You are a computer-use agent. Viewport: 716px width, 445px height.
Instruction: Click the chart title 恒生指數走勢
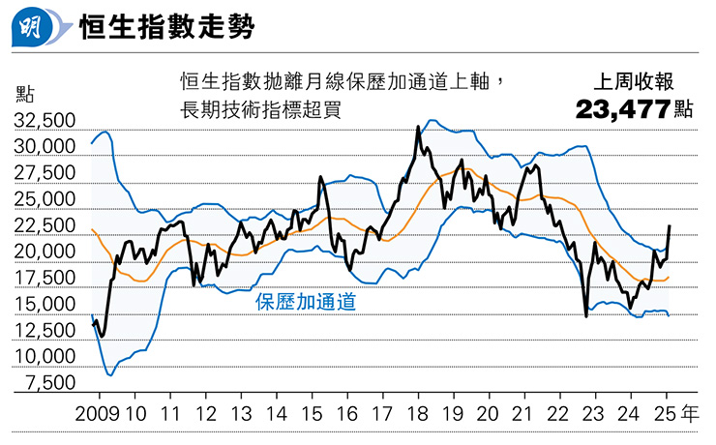(166, 26)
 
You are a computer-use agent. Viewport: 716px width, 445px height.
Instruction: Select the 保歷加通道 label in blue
(305, 302)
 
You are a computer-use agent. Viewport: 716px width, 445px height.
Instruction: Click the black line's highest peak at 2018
(418, 126)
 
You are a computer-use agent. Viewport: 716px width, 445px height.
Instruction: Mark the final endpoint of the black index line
(670, 225)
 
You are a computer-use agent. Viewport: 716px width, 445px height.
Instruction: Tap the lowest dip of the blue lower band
(109, 375)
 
